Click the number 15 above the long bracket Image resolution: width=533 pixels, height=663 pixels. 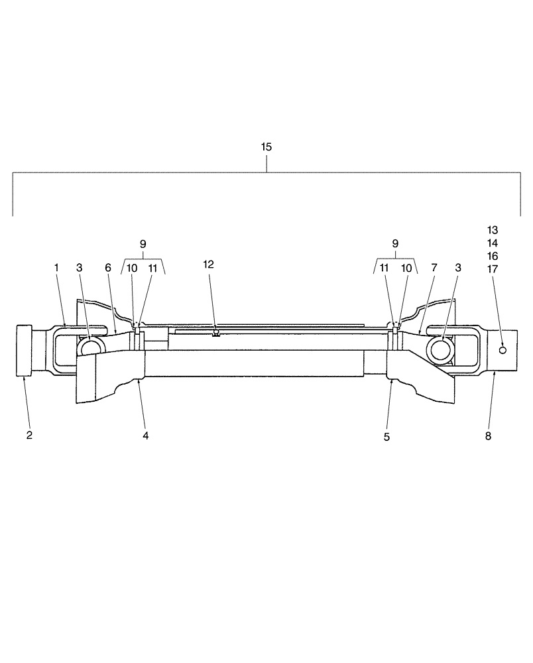tap(266, 147)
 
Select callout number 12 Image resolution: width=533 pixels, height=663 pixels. tap(209, 265)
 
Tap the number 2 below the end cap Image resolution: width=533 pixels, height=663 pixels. tap(29, 436)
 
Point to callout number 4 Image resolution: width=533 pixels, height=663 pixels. tap(145, 436)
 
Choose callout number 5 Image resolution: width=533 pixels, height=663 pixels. tap(387, 437)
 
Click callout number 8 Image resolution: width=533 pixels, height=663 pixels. tap(488, 436)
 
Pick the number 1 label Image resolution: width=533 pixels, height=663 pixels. tap(57, 267)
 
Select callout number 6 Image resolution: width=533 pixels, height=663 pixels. tap(107, 267)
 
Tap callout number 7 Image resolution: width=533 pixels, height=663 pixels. tap(434, 267)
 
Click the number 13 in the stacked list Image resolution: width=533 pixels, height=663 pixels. tap(492, 230)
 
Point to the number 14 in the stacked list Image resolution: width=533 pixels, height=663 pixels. tap(492, 243)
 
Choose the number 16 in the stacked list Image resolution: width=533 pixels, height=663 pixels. tap(492, 256)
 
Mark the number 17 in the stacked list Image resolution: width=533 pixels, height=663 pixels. tap(492, 269)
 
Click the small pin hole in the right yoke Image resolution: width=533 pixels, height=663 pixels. tap(503, 349)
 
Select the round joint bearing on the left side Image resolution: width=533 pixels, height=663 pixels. tap(88, 346)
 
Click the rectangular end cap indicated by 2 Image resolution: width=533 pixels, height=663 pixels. tap(25, 351)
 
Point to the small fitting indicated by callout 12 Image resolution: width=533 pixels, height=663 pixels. tap(215, 333)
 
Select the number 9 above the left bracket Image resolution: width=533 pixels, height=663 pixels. tap(143, 244)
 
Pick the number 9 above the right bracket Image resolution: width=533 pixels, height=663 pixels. tap(396, 244)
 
